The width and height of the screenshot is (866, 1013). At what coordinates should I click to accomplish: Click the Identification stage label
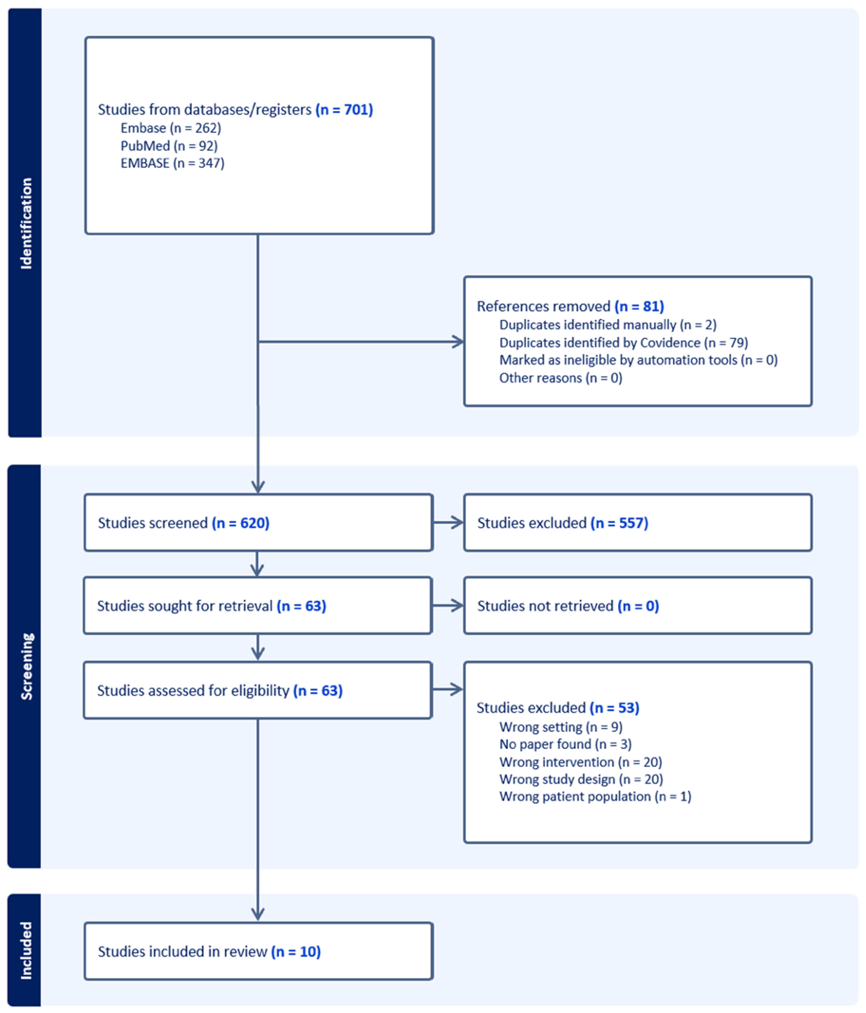pos(25,223)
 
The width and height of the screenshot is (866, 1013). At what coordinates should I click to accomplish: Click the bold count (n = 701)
pos(344,110)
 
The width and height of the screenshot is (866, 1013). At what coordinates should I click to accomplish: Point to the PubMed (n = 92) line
pos(169,146)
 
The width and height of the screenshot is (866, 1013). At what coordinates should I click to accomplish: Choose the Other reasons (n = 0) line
pos(560,378)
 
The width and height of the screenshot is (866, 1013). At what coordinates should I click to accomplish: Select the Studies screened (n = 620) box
pos(258,523)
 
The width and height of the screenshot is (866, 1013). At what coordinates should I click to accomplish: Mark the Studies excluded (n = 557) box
pos(637,523)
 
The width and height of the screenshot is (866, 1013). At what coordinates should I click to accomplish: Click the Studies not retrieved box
pos(637,606)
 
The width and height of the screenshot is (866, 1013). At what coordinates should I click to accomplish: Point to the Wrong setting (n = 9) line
pos(561,727)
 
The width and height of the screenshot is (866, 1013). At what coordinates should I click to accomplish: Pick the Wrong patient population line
pos(595,796)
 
